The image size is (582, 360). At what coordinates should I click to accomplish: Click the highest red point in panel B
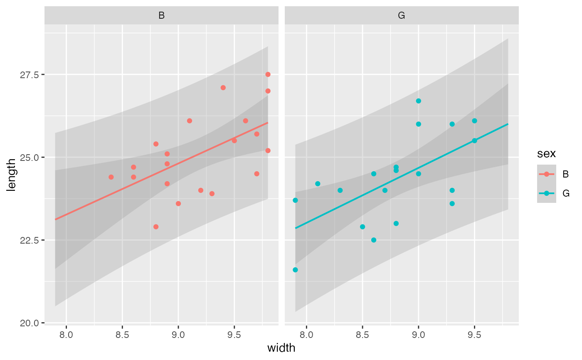[x=268, y=74]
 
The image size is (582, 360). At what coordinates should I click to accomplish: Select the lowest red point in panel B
[x=156, y=227]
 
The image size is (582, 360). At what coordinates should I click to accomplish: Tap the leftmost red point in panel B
[x=111, y=177]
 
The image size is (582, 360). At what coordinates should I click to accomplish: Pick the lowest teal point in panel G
[x=295, y=270]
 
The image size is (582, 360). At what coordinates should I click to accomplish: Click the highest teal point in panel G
[x=418, y=101]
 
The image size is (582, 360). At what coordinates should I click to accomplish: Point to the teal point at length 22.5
[x=373, y=240]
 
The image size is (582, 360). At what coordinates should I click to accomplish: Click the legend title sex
[x=546, y=154]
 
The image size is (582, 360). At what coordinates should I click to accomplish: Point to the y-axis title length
[x=12, y=174]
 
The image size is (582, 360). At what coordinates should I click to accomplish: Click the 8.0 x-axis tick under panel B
[x=67, y=334]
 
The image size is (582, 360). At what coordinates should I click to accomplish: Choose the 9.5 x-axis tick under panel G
[x=474, y=334]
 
